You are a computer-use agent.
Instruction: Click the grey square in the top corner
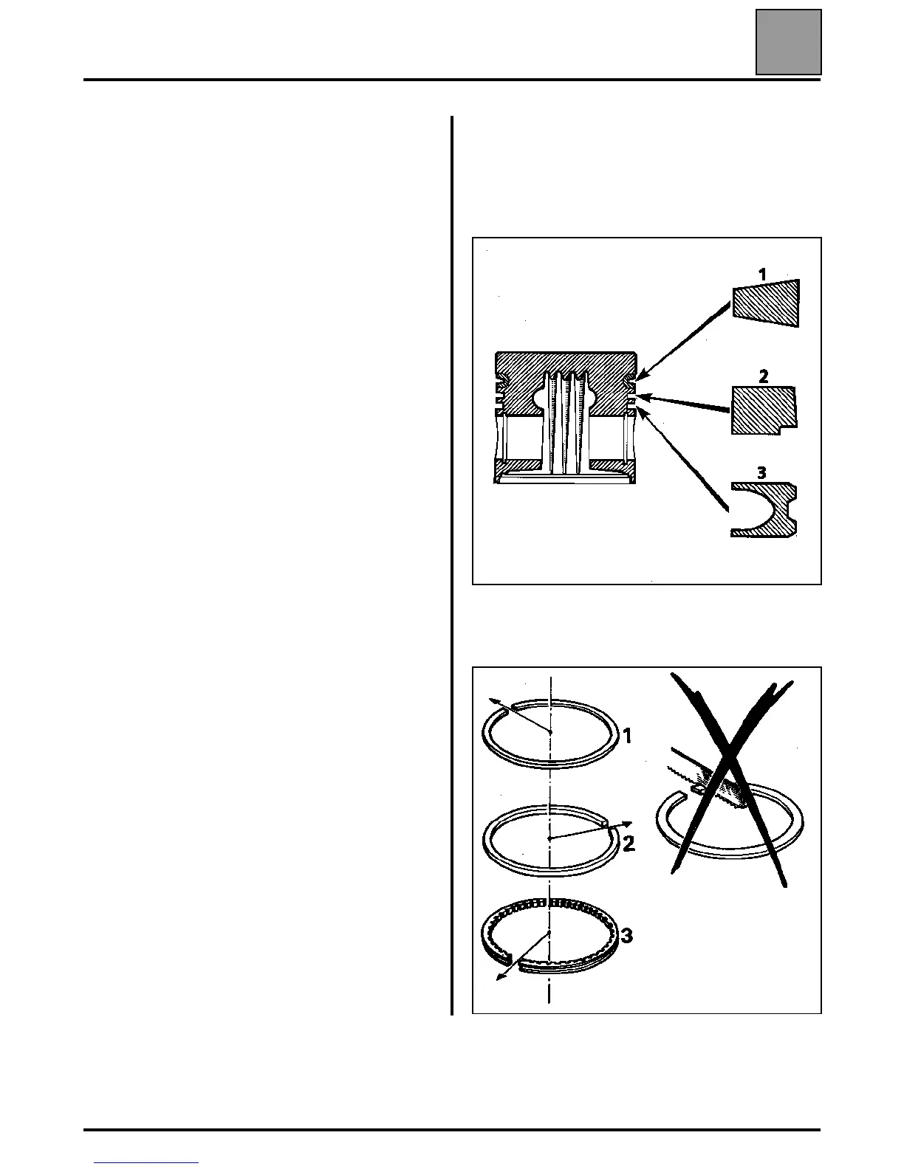pyautogui.click(x=788, y=42)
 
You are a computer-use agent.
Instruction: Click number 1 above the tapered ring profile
pyautogui.click(x=762, y=275)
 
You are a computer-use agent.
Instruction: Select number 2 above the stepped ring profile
pyautogui.click(x=763, y=376)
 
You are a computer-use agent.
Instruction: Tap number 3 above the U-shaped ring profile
pyautogui.click(x=761, y=472)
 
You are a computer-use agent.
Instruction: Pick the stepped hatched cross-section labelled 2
pyautogui.click(x=762, y=410)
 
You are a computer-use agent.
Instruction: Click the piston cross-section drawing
pyautogui.click(x=566, y=417)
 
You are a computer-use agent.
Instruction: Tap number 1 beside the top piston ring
pyautogui.click(x=627, y=736)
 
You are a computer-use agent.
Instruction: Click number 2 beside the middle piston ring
pyautogui.click(x=629, y=844)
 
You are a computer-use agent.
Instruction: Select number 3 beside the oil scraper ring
pyautogui.click(x=626, y=937)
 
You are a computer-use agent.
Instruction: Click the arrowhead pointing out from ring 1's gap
pyautogui.click(x=490, y=702)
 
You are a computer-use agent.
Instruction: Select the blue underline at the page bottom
pyautogui.click(x=146, y=1163)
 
